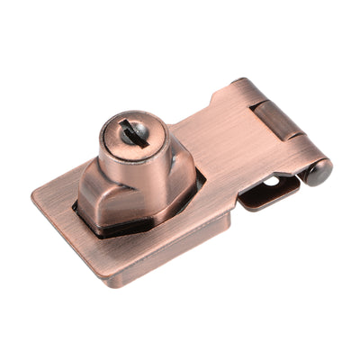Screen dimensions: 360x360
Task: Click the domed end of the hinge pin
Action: click(319, 171)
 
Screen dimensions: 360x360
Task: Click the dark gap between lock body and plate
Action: click(135, 230)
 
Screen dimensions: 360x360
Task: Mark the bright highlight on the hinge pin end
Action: click(316, 167)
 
